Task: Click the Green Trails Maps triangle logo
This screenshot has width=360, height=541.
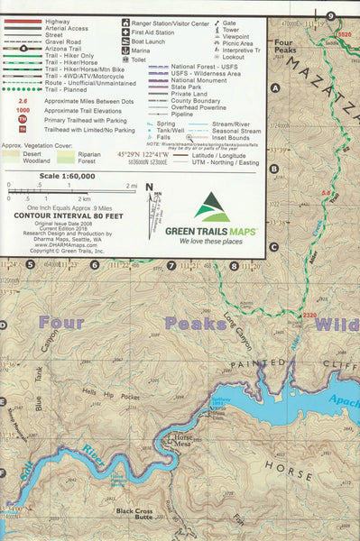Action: click(x=214, y=206)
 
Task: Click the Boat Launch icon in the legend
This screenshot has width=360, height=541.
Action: click(x=123, y=41)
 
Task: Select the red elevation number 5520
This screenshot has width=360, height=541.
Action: click(x=344, y=34)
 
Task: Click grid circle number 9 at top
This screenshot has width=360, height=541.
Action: click(x=331, y=14)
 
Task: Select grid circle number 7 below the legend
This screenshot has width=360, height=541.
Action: click(x=171, y=265)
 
